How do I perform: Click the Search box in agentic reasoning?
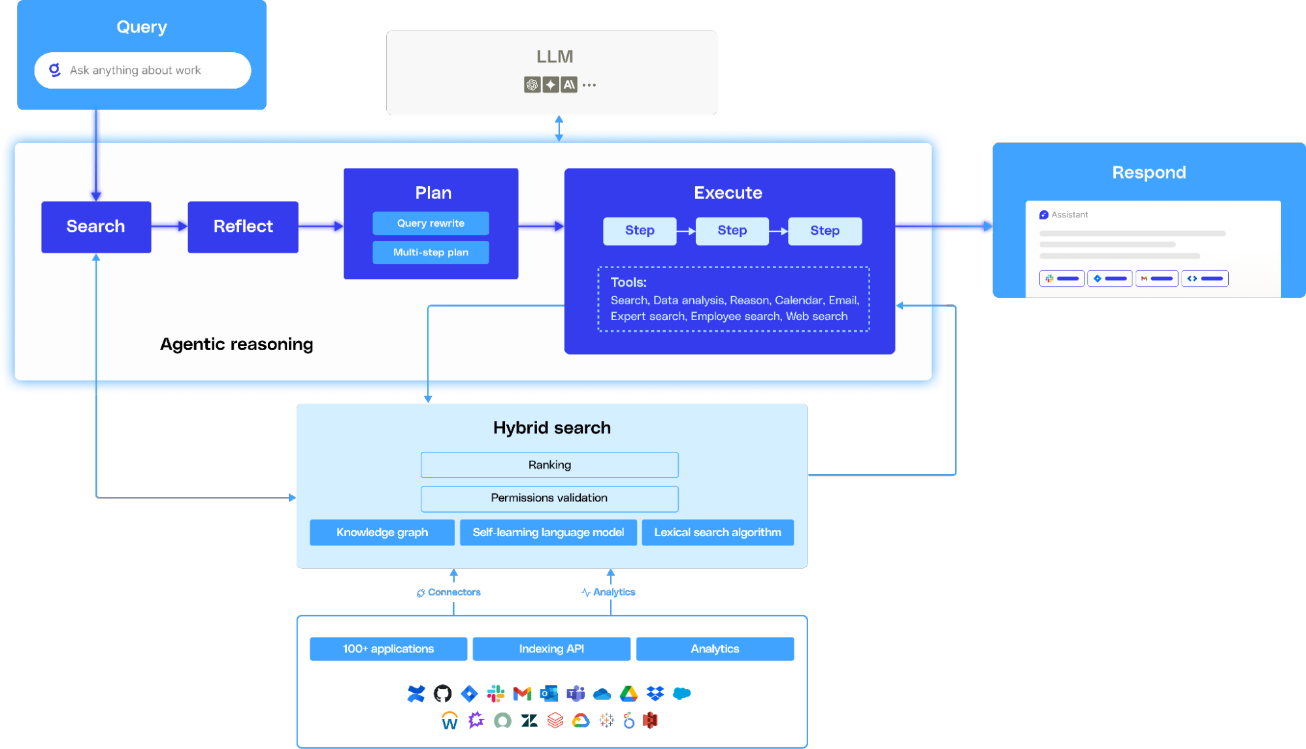coord(96,227)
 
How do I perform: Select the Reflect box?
coord(243,227)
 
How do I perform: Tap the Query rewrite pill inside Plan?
coord(431,223)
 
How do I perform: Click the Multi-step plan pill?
coord(431,253)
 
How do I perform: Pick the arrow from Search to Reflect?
coord(169,226)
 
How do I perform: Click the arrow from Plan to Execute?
coord(541,226)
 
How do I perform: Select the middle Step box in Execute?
coord(732,231)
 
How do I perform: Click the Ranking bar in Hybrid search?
coord(549,465)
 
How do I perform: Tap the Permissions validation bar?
coord(549,498)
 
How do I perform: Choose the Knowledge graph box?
coord(382,532)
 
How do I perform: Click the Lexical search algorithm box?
coord(717,532)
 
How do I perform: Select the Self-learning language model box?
coord(548,532)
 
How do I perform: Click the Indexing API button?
coord(551,649)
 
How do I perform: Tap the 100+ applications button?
coord(388,649)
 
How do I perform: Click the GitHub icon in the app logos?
coord(442,693)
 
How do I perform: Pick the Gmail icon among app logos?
coord(522,693)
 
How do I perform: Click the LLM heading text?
coord(555,57)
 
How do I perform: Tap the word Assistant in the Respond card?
coord(1069,215)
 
